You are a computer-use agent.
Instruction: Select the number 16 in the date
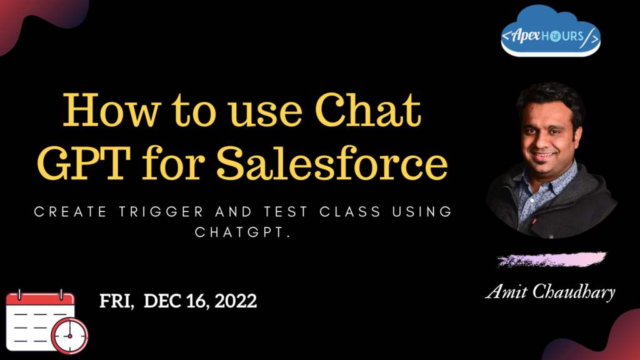[x=199, y=301]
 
